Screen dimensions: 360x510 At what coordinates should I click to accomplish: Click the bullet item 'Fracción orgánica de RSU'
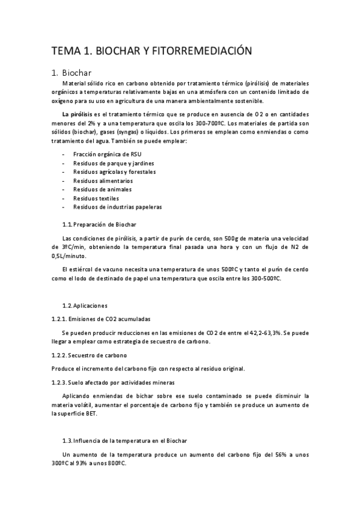pos(107,154)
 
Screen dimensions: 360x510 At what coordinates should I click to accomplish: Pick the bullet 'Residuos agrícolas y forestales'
pos(114,172)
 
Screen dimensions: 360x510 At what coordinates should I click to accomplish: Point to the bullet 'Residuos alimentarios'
pos(103,180)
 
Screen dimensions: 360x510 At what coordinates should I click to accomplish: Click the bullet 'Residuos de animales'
pos(102,189)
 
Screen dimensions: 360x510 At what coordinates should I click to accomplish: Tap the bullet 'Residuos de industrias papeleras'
pos(117,207)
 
